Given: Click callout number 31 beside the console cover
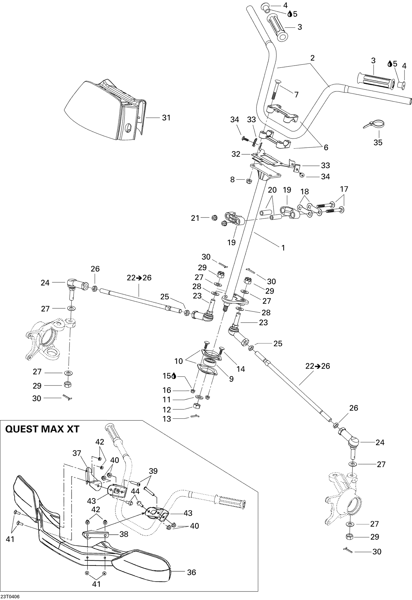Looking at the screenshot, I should coord(166,118).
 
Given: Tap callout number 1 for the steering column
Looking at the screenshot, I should coord(283,248).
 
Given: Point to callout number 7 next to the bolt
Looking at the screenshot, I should coord(296,95).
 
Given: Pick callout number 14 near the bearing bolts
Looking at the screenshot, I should coord(241,369).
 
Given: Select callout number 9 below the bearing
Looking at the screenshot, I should coord(231,379).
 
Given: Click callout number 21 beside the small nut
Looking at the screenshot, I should coord(195,218).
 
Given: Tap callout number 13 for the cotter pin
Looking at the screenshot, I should coord(167,419).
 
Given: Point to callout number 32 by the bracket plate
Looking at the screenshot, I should coord(236,154).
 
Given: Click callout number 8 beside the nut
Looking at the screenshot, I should coord(232,180).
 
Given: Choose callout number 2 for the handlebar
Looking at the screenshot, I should coord(312,58).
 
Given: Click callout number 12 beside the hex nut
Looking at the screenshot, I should coord(167,409).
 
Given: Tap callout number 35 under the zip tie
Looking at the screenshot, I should coord(378,143).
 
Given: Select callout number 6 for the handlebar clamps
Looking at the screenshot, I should coord(326,147).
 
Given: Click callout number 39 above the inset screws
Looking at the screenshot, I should coord(153,471).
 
